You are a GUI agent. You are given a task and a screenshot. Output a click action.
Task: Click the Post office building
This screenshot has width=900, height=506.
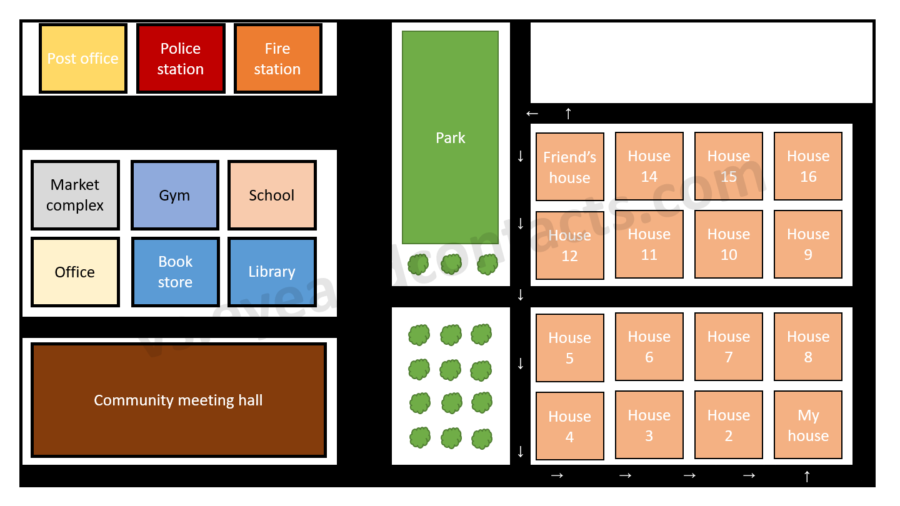(83, 59)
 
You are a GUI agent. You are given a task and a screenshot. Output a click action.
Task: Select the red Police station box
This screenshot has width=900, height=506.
(181, 59)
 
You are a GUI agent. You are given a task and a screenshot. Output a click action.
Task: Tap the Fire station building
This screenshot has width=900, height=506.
(277, 59)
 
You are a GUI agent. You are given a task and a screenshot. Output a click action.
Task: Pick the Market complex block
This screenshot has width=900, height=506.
(75, 195)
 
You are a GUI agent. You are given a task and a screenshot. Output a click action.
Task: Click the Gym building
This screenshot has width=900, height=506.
(174, 195)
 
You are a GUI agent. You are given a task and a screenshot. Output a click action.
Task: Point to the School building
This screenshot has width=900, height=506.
(272, 195)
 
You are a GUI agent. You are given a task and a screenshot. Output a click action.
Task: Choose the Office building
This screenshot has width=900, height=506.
(75, 272)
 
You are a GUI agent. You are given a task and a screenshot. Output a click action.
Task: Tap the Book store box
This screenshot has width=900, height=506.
(175, 272)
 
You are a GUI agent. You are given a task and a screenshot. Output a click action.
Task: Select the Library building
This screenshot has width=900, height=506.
(272, 272)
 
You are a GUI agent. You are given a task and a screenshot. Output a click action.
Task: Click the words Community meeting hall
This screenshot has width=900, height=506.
(178, 400)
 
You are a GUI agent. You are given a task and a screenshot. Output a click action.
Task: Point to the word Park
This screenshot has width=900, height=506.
(451, 138)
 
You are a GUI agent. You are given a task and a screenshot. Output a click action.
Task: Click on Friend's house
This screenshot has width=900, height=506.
(570, 167)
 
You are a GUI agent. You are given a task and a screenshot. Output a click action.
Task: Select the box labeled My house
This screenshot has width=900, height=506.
(808, 425)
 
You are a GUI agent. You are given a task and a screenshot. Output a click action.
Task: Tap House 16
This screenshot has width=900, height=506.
(808, 166)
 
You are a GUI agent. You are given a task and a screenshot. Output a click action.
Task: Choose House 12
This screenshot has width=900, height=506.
(570, 245)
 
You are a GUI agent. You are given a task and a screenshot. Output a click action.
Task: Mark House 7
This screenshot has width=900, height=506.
(729, 347)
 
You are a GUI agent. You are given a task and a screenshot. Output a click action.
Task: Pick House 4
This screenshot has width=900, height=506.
(570, 426)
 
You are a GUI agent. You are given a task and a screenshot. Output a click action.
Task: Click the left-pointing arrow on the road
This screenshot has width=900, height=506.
(532, 114)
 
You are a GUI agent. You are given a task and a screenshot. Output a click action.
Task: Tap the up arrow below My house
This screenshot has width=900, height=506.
(807, 477)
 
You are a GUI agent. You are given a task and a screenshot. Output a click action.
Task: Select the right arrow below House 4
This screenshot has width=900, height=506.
(557, 476)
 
